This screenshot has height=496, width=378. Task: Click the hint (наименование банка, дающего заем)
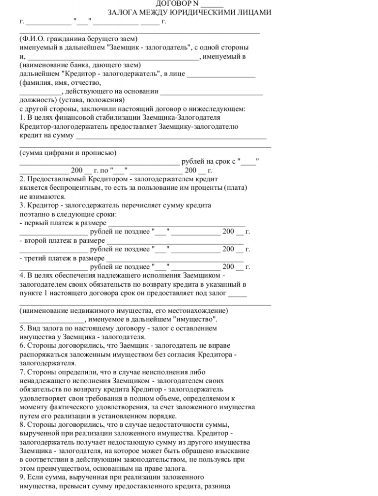point(80,65)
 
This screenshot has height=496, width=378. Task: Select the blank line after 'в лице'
point(221,74)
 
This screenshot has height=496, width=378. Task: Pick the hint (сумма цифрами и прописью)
point(68,153)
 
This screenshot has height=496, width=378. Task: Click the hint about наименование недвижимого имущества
point(124,310)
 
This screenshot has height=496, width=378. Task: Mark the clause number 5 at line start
point(22,328)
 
